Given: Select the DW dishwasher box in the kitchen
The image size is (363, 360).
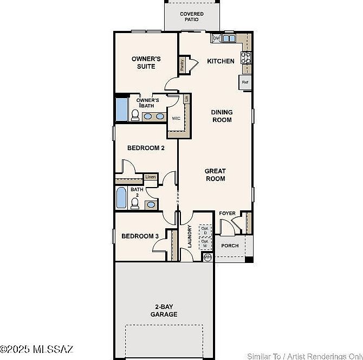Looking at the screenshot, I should pyautogui.click(x=216, y=38).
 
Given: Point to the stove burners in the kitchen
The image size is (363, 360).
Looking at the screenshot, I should pyautogui.click(x=246, y=57).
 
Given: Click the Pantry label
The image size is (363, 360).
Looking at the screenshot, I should pyautogui.click(x=182, y=65).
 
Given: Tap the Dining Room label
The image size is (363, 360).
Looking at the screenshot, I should pyautogui.click(x=222, y=116).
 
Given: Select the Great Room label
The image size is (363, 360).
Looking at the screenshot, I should pyautogui.click(x=215, y=175).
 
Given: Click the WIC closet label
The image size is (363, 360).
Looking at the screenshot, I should pyautogui.click(x=176, y=118).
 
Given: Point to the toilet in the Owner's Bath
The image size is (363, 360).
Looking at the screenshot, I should pyautogui.click(x=135, y=115).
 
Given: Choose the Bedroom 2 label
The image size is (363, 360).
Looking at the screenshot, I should pyautogui.click(x=146, y=147).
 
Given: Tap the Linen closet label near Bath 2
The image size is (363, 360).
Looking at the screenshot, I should pyautogui.click(x=151, y=177).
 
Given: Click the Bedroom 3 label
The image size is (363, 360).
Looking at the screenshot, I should pyautogui.click(x=140, y=236).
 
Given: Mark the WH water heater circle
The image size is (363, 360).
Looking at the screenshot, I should pyautogui.click(x=207, y=257).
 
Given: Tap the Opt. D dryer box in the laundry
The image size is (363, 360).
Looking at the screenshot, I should pyautogui.click(x=205, y=230).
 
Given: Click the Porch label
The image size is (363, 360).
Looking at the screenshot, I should pyautogui.click(x=229, y=246).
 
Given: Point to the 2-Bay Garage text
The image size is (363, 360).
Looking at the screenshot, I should pyautogui.click(x=164, y=310).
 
